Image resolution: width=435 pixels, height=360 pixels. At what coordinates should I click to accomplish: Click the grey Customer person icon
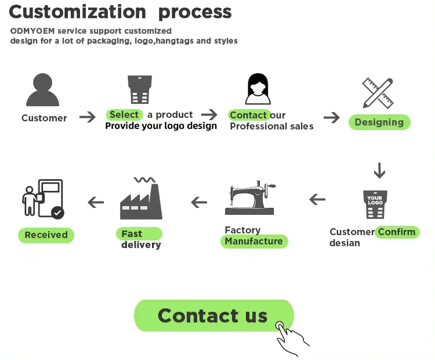click(42, 90)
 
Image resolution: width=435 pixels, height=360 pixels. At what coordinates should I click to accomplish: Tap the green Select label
click(124, 114)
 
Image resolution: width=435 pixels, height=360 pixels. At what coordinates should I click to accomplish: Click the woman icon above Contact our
click(258, 89)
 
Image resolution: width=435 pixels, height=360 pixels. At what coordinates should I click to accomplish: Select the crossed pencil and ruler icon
click(378, 93)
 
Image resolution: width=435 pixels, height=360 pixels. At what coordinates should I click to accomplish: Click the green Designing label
click(379, 122)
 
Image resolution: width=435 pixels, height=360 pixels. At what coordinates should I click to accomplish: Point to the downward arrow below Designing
click(379, 170)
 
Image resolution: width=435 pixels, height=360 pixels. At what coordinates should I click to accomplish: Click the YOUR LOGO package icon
click(375, 204)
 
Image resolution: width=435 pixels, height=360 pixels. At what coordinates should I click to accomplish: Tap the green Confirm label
click(397, 232)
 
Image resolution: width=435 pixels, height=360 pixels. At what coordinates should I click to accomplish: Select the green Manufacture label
click(254, 241)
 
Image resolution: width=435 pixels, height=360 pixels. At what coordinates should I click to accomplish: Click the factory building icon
click(141, 198)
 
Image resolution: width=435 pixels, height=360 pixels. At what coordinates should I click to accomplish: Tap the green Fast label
click(139, 233)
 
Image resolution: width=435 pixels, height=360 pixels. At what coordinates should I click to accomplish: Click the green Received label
click(46, 235)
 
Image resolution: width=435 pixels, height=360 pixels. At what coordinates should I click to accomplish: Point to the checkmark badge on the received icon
click(57, 213)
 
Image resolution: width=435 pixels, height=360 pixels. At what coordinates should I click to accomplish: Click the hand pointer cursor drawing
click(291, 339)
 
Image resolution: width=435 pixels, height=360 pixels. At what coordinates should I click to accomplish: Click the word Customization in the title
click(78, 12)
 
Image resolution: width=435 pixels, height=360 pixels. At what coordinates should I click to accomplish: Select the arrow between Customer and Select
click(88, 117)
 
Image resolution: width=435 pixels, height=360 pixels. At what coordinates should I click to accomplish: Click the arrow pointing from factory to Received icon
click(96, 202)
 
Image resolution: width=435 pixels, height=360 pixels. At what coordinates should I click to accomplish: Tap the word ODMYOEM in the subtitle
click(32, 31)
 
